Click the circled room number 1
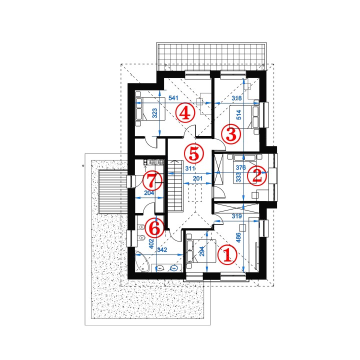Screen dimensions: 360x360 [227, 254]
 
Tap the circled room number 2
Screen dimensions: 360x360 [257, 175]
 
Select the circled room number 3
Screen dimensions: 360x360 [231, 134]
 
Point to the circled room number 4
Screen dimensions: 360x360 [185, 113]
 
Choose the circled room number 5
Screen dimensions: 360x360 [194, 153]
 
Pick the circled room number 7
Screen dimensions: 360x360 [152, 180]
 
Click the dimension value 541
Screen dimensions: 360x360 [173, 98]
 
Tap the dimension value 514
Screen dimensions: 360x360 [239, 115]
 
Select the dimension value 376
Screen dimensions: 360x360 [241, 167]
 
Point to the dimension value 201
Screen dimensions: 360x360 [197, 178]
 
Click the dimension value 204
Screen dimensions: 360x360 [149, 193]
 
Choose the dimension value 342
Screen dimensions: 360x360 [162, 249]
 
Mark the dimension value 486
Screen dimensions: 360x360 [238, 237]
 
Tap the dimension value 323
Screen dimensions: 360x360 [154, 113]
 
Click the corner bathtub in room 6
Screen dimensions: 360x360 [142, 261]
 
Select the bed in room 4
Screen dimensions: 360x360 [150, 108]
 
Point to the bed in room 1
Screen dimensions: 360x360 [201, 251]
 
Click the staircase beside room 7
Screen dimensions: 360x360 [175, 186]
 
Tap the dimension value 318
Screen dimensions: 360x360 [236, 98]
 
